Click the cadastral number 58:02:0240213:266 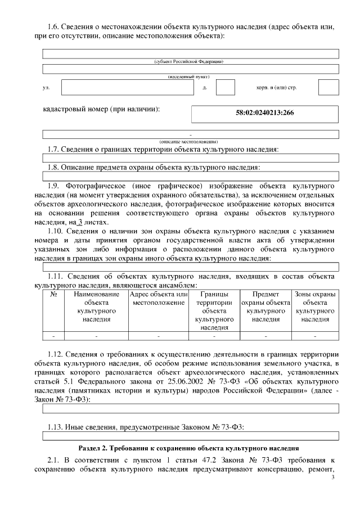pyautogui.click(x=264, y=112)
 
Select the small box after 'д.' pyautogui.click(x=225, y=88)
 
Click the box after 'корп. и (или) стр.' pyautogui.click(x=328, y=88)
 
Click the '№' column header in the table pyautogui.click(x=54, y=294)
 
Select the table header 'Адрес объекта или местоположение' pyautogui.click(x=159, y=299)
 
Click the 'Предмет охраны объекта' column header pyautogui.click(x=265, y=307)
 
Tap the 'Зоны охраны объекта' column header pyautogui.click(x=315, y=307)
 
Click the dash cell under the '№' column pyautogui.click(x=54, y=336)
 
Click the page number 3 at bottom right pyautogui.click(x=333, y=477)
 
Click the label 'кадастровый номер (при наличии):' pyautogui.click(x=101, y=109)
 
